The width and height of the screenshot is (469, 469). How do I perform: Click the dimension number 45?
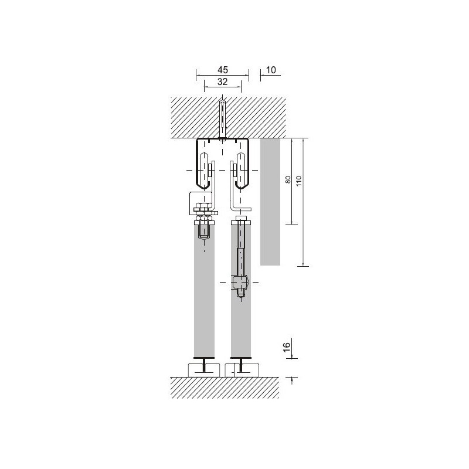point(223,70)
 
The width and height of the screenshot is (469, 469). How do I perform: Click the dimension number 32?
point(223,81)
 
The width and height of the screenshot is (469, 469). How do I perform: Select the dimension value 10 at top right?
point(271,70)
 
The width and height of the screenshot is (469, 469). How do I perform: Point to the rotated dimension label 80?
point(288,179)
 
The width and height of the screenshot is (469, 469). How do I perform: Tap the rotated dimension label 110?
point(299,181)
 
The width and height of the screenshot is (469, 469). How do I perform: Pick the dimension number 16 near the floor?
point(287,347)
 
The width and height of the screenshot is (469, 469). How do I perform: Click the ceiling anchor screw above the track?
point(223,120)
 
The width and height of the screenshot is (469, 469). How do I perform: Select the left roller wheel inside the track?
point(204,171)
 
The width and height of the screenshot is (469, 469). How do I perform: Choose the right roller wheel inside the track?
point(241,171)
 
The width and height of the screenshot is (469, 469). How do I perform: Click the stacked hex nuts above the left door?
point(204,212)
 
